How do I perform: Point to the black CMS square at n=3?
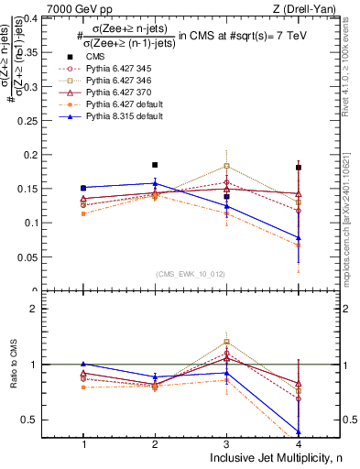pyautogui.click(x=226, y=197)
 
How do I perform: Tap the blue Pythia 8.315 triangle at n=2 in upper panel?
pyautogui.click(x=155, y=183)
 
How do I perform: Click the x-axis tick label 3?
pyautogui.click(x=226, y=444)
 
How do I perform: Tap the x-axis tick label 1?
pyautogui.click(x=83, y=444)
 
